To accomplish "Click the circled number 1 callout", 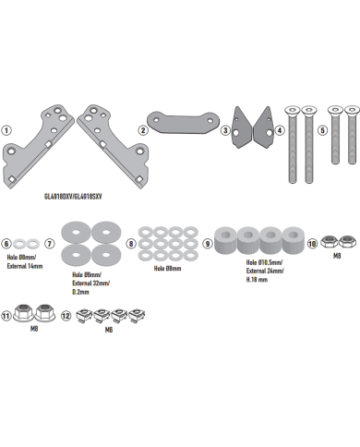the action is (6, 130).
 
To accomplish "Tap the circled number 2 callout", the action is (143, 130).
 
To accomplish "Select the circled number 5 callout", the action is (322, 130).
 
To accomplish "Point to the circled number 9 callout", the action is (208, 244).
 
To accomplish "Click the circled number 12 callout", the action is (66, 316).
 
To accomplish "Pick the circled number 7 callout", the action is (50, 244).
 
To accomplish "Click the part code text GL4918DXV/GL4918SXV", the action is (73, 197).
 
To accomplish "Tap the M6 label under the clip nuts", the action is (109, 330).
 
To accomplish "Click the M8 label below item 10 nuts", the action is (337, 256).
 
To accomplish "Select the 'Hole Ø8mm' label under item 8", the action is (167, 269).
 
